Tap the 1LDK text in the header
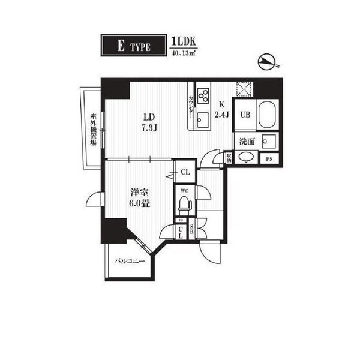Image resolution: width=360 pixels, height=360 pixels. (184, 41)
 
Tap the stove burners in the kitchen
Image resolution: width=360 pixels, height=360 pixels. (203, 95)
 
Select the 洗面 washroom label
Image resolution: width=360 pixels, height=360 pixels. (246, 142)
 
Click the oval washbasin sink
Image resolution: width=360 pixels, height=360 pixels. (246, 158)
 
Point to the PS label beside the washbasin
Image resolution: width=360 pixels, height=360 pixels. (269, 159)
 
